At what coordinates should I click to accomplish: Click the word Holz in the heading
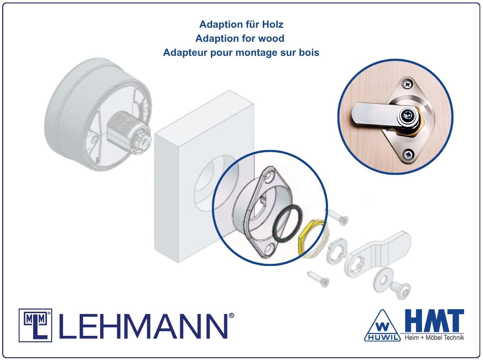[x=272, y=25]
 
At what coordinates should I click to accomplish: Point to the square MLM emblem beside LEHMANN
[x=35, y=325]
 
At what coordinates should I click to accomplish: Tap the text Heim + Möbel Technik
[x=434, y=338]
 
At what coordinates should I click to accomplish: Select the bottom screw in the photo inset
[x=408, y=154]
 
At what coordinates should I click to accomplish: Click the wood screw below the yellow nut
[x=318, y=279]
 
